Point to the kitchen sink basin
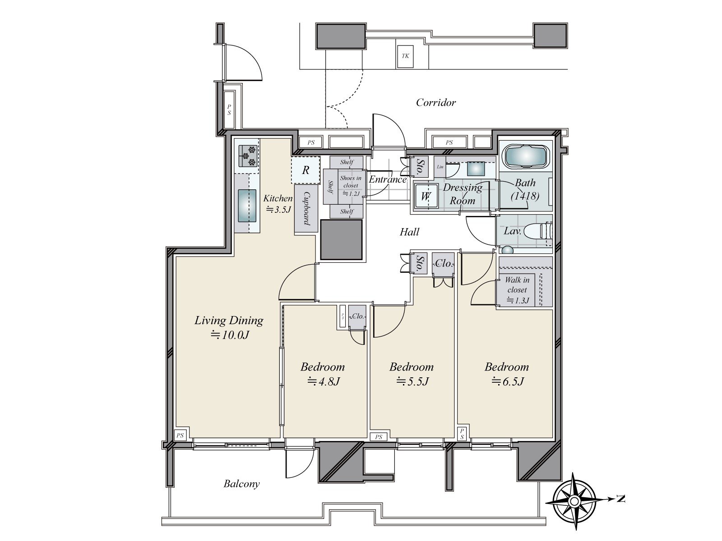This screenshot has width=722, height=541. tap(247, 206)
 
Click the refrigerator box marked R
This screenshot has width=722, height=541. tap(305, 170)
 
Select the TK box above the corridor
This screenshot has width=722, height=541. tap(405, 56)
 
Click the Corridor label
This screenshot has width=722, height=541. tap(436, 103)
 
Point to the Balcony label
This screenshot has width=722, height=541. tap(242, 484)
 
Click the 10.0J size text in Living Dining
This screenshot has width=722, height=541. tap(230, 335)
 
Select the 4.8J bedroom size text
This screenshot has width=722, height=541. tap(323, 381)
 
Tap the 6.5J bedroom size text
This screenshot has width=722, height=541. tap(507, 381)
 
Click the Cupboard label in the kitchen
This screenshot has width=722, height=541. tap(306, 208)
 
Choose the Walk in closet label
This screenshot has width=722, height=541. tap(517, 285)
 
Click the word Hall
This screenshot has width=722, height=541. tap(410, 232)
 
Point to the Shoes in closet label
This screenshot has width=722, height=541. tap(351, 182)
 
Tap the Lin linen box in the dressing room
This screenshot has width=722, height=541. tap(440, 167)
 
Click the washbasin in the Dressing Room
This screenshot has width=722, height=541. tap(476, 169)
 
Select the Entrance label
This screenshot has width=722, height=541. tap(388, 179)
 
